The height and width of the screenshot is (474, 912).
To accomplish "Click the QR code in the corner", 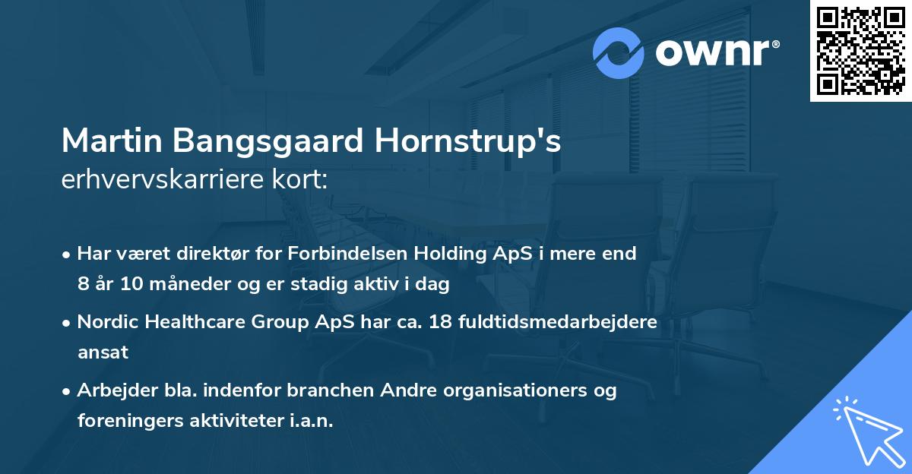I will [x=860, y=51].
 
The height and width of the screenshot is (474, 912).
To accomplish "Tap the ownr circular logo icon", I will [x=619, y=52].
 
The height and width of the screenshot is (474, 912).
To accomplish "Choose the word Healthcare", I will [x=195, y=322].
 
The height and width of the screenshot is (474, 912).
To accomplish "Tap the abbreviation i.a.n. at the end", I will [x=313, y=421].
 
